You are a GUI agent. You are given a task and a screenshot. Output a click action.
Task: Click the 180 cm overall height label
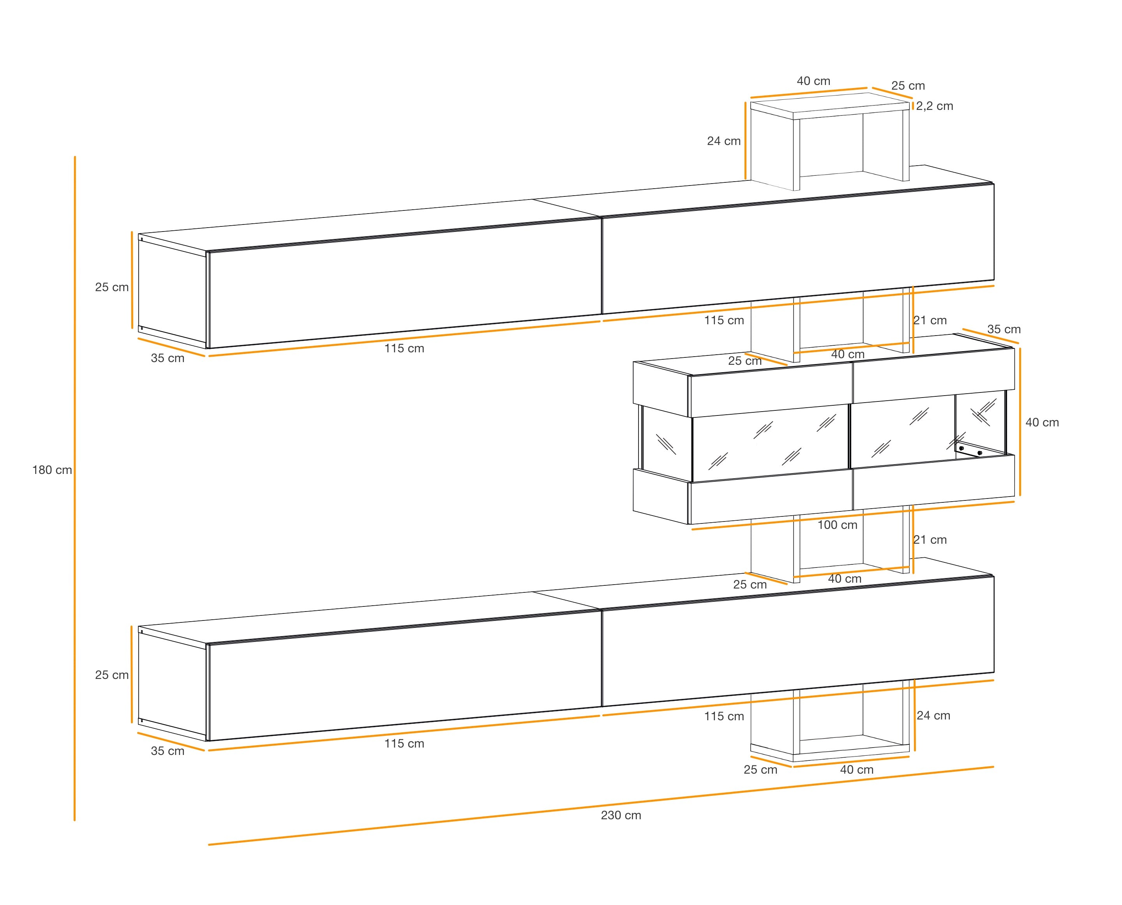51,470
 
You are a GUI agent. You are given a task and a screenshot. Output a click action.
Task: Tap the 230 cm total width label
621,815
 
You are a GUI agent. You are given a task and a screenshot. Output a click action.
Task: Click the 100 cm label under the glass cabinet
837,525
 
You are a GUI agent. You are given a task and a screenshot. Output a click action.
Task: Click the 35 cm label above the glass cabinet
1004,329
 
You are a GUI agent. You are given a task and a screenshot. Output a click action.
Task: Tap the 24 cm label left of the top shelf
723,141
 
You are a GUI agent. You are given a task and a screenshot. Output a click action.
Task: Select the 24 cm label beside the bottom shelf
933,716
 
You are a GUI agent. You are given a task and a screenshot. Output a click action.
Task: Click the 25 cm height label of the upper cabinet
111,287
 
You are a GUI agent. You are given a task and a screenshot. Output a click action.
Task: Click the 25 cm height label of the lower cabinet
111,675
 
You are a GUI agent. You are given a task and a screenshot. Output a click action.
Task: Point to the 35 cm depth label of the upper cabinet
167,358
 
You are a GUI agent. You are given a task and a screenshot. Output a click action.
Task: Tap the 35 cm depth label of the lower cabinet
167,751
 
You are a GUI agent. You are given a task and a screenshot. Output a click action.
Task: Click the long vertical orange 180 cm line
74,573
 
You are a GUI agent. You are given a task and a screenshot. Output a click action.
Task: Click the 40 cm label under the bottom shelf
857,769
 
